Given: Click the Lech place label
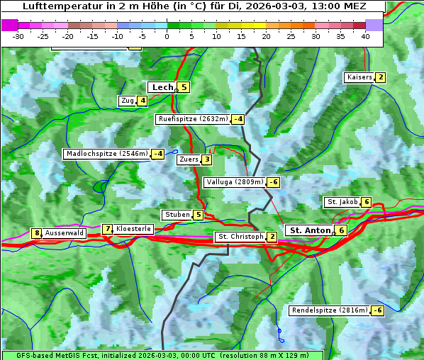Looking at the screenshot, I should pos(162,87).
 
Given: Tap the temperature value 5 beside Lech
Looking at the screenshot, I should pos(184,87).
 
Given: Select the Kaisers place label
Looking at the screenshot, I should pos(359,77).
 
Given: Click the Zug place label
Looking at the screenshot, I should pos(128,101).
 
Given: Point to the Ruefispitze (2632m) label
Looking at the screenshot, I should pos(193,119).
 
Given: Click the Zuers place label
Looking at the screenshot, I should pos(188,159).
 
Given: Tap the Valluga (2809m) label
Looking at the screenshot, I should pos(235,182).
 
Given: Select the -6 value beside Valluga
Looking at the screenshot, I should pos(273,182).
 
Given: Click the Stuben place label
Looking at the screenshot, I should pos(177,215).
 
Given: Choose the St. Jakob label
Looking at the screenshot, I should pos(342,202).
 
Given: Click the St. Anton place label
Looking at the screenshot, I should pos(311,230).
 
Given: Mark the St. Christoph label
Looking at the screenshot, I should pos(240,236).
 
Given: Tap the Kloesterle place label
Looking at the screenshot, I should pos(133,229).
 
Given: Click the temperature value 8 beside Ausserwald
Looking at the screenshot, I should pos(36,233).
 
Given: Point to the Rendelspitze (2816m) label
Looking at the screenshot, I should pos(330,310).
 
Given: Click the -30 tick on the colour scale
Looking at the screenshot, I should pos(18,36).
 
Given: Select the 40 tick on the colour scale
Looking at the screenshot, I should pos(365,36).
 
